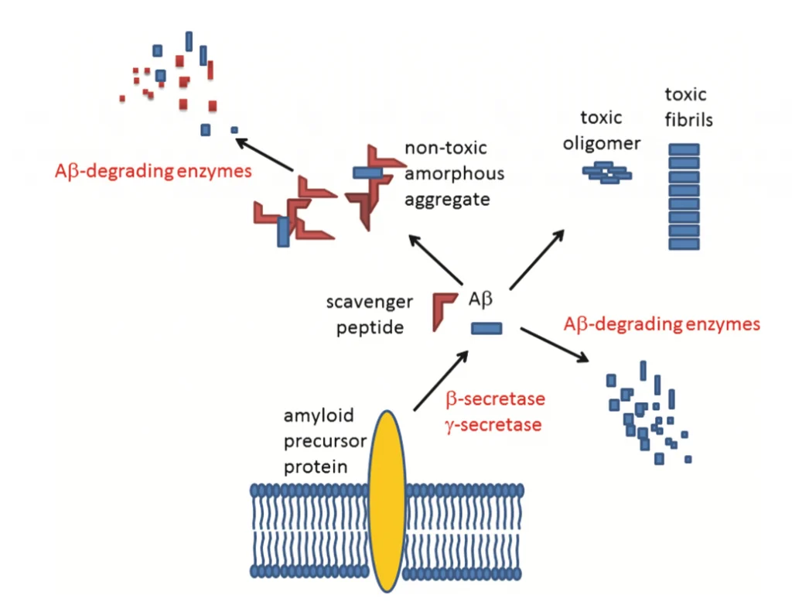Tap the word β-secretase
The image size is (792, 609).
click(x=495, y=399)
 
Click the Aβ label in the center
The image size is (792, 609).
click(x=483, y=298)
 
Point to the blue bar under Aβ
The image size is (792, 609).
click(x=487, y=329)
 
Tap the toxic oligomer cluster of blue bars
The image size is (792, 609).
click(x=607, y=173)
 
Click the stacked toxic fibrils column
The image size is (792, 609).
click(x=684, y=197)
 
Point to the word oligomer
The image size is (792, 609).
click(x=611, y=144)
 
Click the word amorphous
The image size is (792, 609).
click(x=454, y=173)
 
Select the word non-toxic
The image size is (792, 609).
click(x=445, y=148)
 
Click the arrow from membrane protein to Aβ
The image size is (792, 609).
click(x=441, y=379)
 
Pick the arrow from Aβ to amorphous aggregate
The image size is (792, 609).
click(x=436, y=259)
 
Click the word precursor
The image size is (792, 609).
click(x=320, y=442)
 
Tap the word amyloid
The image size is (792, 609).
click(x=319, y=416)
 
